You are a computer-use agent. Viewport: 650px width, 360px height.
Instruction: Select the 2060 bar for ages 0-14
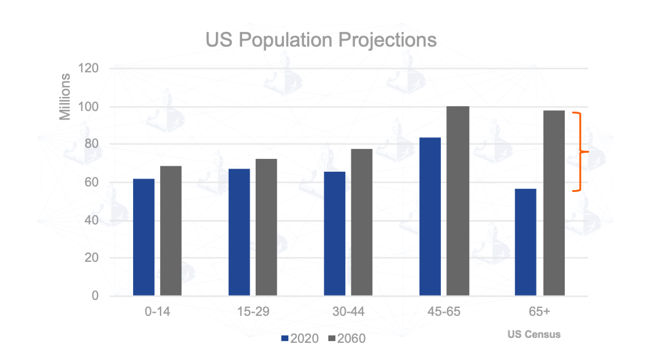point(171,231)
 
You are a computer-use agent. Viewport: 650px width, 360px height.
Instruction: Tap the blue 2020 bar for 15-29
point(239,232)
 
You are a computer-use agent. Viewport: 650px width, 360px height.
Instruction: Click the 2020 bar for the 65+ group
point(526,242)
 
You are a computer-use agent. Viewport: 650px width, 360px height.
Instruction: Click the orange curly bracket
point(580,151)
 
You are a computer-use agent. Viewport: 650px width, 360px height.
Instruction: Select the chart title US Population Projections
point(321,40)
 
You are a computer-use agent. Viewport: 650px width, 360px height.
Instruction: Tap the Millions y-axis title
point(65,97)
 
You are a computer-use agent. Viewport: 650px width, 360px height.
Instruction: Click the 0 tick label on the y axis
point(95,296)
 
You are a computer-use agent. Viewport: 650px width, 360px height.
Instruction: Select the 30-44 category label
point(348,312)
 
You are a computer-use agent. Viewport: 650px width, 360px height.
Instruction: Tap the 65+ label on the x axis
point(539,312)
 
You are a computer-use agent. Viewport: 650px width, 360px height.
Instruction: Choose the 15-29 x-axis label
point(253,312)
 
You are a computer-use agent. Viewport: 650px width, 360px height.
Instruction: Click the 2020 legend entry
point(300,339)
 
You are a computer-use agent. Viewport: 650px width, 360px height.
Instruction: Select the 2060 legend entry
point(347,339)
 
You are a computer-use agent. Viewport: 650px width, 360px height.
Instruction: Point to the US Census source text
point(533,335)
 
